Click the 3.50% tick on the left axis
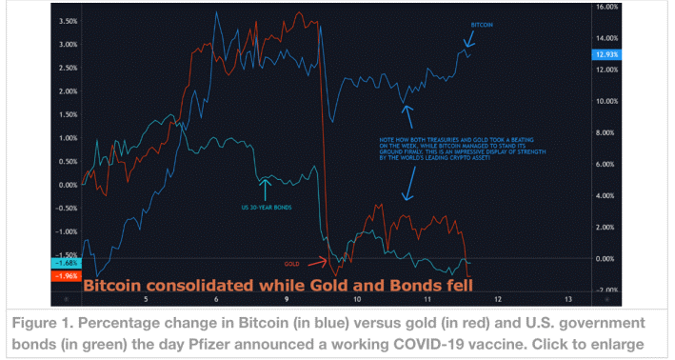68,21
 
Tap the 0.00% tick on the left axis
68,185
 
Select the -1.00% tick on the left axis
66,231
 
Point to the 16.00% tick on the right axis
606,7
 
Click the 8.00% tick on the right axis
606,132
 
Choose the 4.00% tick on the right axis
606,195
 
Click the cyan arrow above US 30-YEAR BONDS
265,188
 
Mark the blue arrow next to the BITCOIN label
468,39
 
